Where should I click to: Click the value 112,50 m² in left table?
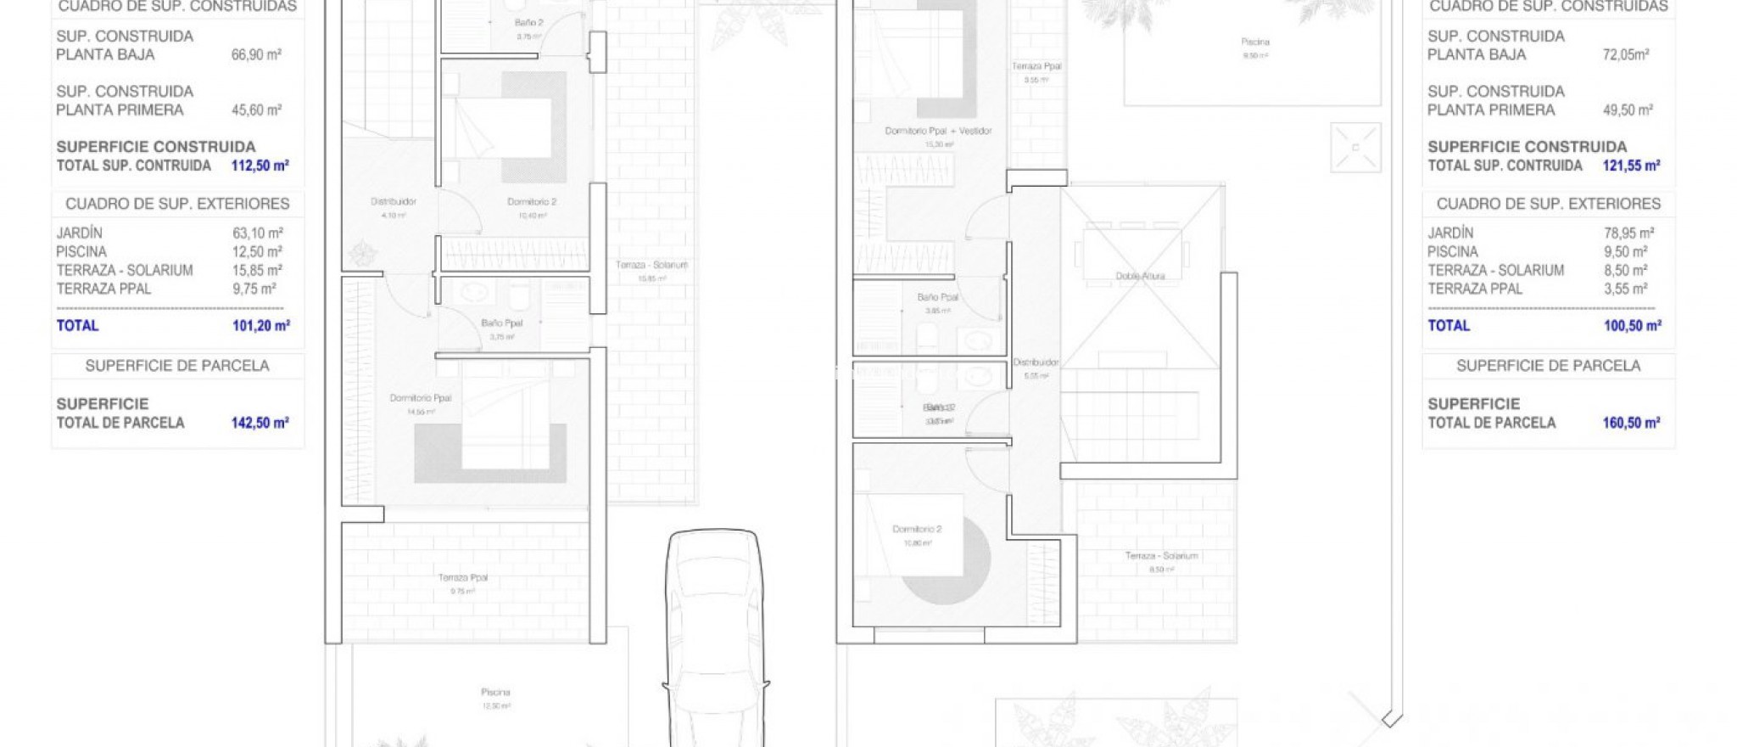[260, 166]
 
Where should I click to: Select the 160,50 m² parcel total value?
[1630, 423]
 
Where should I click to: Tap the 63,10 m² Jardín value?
[258, 233]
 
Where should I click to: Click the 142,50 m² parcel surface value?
[260, 423]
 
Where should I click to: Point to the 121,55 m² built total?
[1630, 166]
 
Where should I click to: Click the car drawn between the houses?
[714, 637]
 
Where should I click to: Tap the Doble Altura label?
[1139, 276]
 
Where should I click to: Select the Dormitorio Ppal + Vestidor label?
[937, 132]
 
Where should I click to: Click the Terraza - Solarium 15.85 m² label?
[651, 266]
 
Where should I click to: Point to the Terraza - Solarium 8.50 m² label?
[1161, 556]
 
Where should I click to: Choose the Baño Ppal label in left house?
[501, 323]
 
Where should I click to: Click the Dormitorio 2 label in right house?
[916, 530]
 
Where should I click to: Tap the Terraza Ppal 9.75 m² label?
[463, 578]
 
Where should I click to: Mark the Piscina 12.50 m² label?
[495, 693]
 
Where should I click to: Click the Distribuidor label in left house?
[393, 202]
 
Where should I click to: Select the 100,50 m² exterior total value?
[1632, 326]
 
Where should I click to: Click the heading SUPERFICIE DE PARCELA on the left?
[177, 366]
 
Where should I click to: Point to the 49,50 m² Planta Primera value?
[1628, 110]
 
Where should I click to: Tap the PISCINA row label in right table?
[1452, 252]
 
